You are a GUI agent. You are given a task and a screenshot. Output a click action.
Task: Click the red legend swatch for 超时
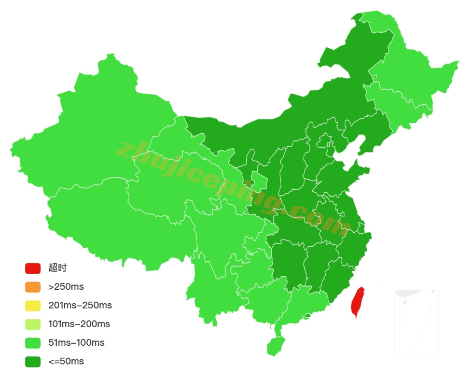point(33,268)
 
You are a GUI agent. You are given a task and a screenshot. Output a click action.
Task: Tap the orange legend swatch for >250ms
point(33,287)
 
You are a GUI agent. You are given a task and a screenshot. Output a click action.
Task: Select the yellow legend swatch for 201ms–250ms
point(33,305)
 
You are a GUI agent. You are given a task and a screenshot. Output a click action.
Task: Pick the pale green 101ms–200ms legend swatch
point(33,324)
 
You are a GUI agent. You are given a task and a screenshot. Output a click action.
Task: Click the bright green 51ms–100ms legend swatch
point(33,343)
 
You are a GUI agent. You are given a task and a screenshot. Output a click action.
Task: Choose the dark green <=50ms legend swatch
point(33,361)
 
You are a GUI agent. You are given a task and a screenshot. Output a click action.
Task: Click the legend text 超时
point(58,268)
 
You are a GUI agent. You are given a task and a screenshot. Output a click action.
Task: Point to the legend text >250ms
point(66,287)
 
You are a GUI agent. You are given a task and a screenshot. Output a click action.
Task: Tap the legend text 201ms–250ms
point(80,305)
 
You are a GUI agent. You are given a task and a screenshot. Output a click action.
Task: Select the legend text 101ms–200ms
point(79,324)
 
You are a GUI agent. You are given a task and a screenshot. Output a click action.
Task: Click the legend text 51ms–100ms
point(76,343)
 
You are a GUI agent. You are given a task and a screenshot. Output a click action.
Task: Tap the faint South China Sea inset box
point(417,321)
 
